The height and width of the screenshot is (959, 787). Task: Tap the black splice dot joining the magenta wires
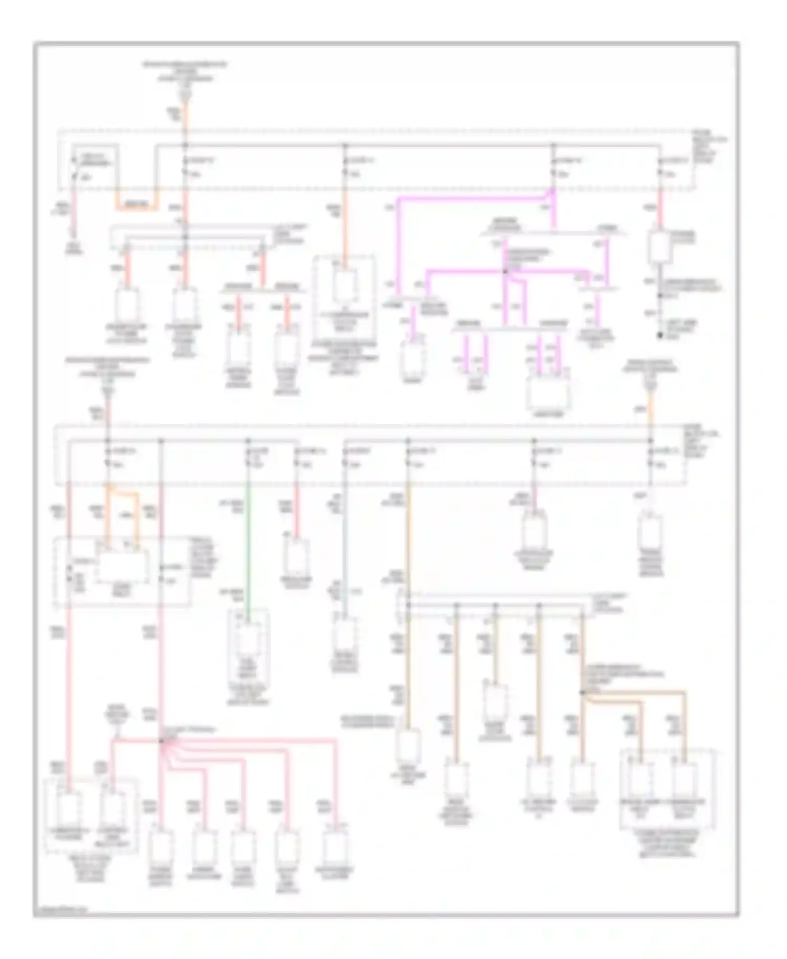505,272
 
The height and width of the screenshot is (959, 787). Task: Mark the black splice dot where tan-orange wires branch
581,692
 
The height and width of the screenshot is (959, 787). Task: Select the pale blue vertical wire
344,551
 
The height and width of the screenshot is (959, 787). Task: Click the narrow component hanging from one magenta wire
412,357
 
